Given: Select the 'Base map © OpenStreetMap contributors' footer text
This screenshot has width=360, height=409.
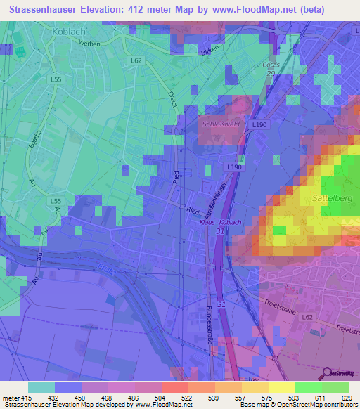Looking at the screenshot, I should pos(298,405).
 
